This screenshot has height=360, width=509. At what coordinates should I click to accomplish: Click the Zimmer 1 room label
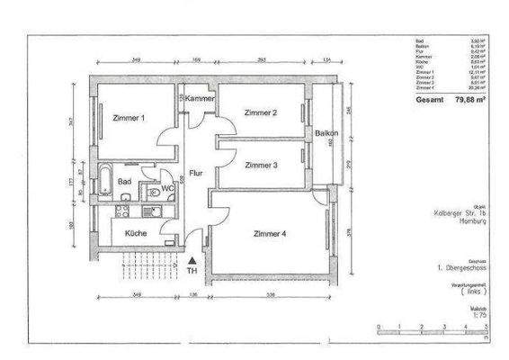130,118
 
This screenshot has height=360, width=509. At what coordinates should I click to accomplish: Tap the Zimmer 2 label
261,112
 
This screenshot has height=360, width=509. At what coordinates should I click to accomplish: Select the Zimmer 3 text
261,166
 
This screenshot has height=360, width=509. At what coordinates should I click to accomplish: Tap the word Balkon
326,133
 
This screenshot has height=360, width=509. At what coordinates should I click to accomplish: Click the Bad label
126,182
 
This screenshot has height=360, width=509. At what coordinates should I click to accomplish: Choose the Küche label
135,232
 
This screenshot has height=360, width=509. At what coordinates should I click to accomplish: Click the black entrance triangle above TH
191,259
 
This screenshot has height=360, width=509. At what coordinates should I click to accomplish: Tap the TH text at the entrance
191,270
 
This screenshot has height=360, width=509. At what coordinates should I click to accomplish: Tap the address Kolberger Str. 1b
459,212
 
